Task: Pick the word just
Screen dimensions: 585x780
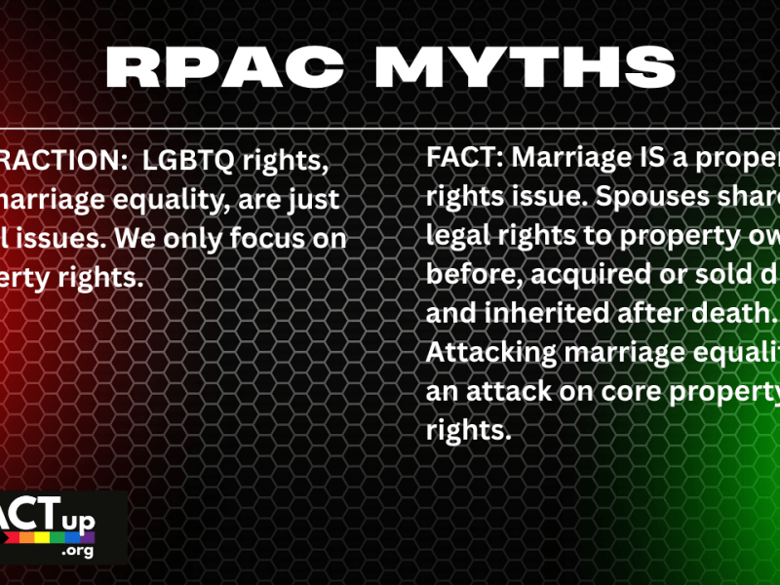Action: click(x=309, y=199)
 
